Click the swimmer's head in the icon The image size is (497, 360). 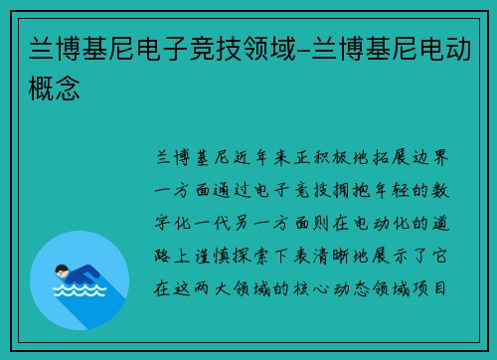pyautogui.click(x=63, y=269)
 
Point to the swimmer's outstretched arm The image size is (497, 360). pyautogui.click(x=92, y=276)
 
